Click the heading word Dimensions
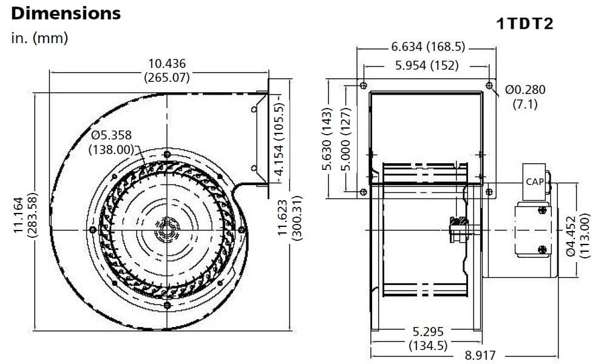66,13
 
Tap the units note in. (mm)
39,38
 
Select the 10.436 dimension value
167,64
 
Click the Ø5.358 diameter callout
111,135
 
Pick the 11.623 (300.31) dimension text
290,218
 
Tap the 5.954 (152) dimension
426,65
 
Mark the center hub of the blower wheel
166,230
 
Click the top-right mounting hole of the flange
489,85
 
